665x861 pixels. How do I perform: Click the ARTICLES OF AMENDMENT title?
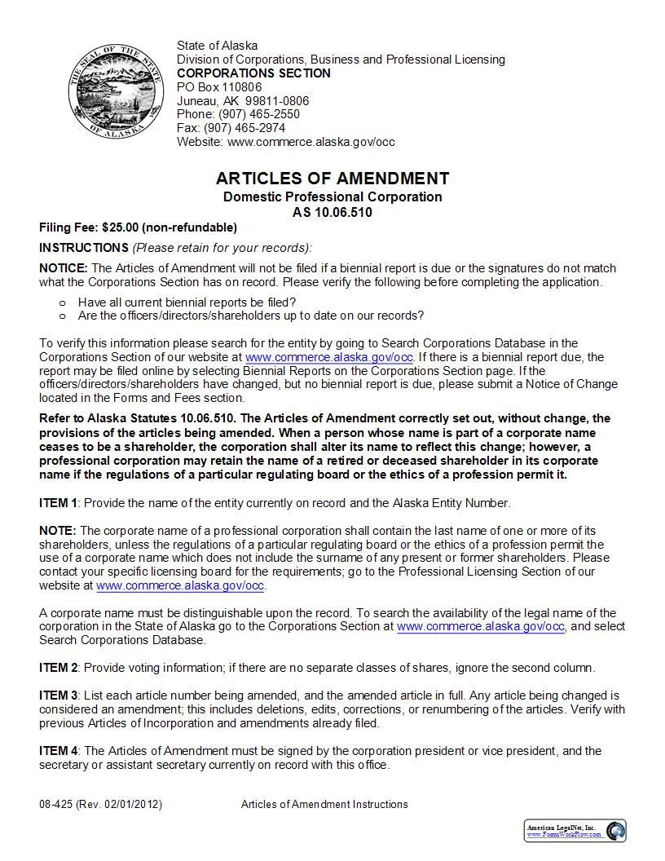click(332, 179)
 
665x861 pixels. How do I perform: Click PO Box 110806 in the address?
click(219, 87)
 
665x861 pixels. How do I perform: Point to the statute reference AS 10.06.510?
click(332, 212)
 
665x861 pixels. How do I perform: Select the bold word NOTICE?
click(64, 268)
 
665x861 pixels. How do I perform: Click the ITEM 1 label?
click(59, 502)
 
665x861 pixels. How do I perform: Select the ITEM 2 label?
click(59, 668)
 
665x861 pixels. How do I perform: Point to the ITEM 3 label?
click(59, 695)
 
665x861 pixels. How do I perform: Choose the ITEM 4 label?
click(59, 751)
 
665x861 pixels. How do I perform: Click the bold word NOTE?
click(58, 530)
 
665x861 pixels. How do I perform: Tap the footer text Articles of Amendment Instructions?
click(324, 804)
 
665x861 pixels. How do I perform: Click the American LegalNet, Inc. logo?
click(575, 830)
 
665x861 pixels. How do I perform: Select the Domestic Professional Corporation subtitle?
click(332, 196)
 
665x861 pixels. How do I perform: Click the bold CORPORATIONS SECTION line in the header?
click(253, 73)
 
